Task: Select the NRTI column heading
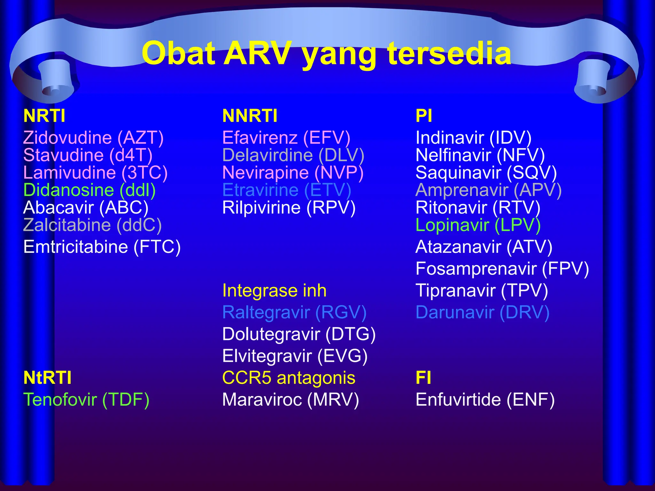(x=44, y=116)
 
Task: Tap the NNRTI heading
(x=250, y=116)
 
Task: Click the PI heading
(x=424, y=116)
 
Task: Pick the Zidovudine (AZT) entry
(x=93, y=138)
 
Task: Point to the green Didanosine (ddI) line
(x=90, y=190)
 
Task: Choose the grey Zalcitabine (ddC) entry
(x=92, y=225)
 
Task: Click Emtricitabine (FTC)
(x=102, y=247)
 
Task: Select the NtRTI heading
(x=47, y=378)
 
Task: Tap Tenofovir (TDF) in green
(x=86, y=400)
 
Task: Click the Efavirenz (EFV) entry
(x=286, y=138)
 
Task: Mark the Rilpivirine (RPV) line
(x=289, y=208)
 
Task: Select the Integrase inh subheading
(x=274, y=291)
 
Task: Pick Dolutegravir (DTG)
(x=299, y=334)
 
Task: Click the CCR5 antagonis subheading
(x=288, y=378)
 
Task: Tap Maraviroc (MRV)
(x=290, y=400)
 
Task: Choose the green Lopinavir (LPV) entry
(x=478, y=225)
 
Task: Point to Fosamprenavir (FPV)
(x=502, y=269)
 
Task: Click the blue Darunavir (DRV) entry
(x=482, y=312)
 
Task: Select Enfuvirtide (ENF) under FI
(x=485, y=400)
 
